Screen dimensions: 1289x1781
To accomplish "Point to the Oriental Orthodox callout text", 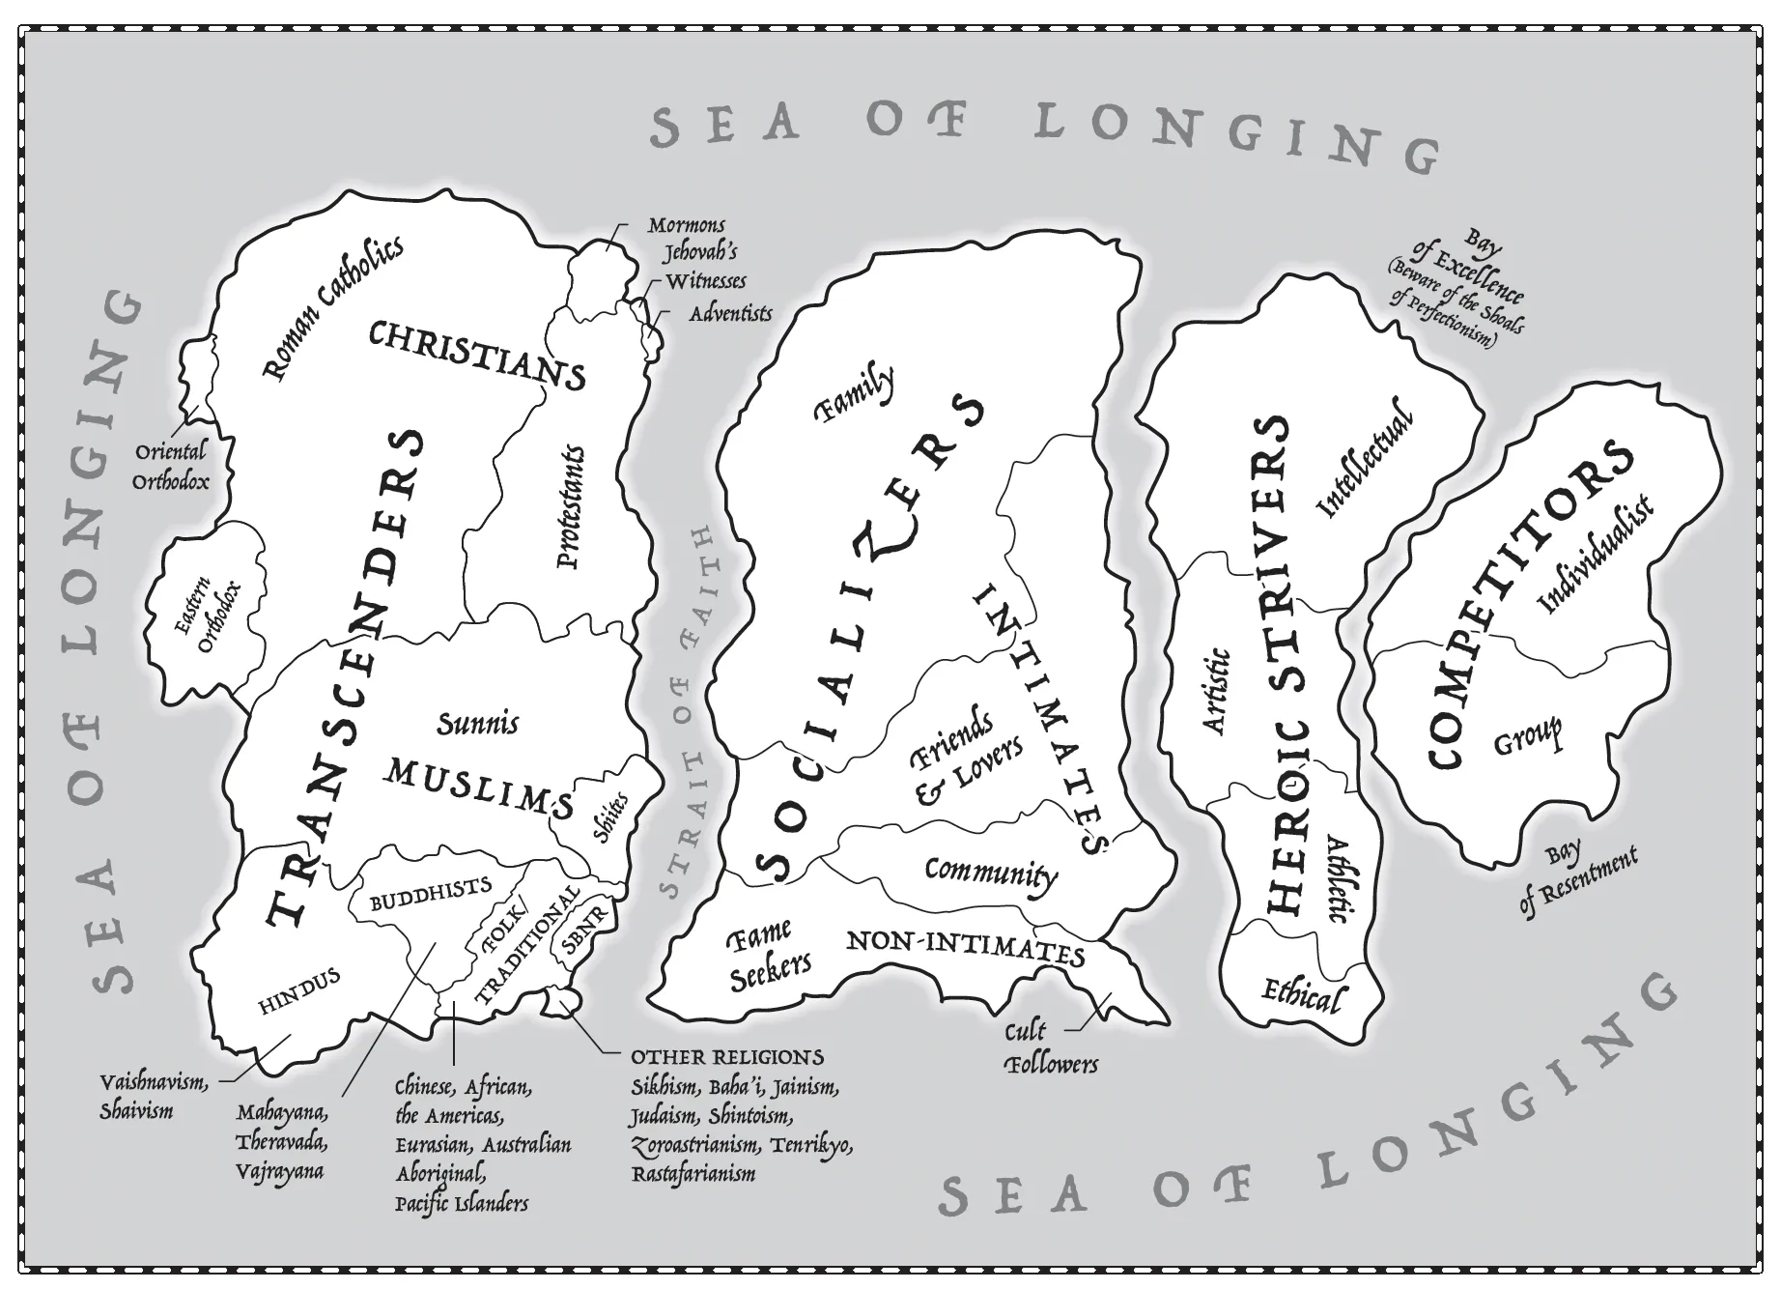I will coord(170,466).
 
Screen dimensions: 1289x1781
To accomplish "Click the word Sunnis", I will coord(477,724).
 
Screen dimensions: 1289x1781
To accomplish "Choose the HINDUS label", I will coord(299,991).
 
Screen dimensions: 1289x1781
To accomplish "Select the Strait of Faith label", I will coord(688,713).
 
